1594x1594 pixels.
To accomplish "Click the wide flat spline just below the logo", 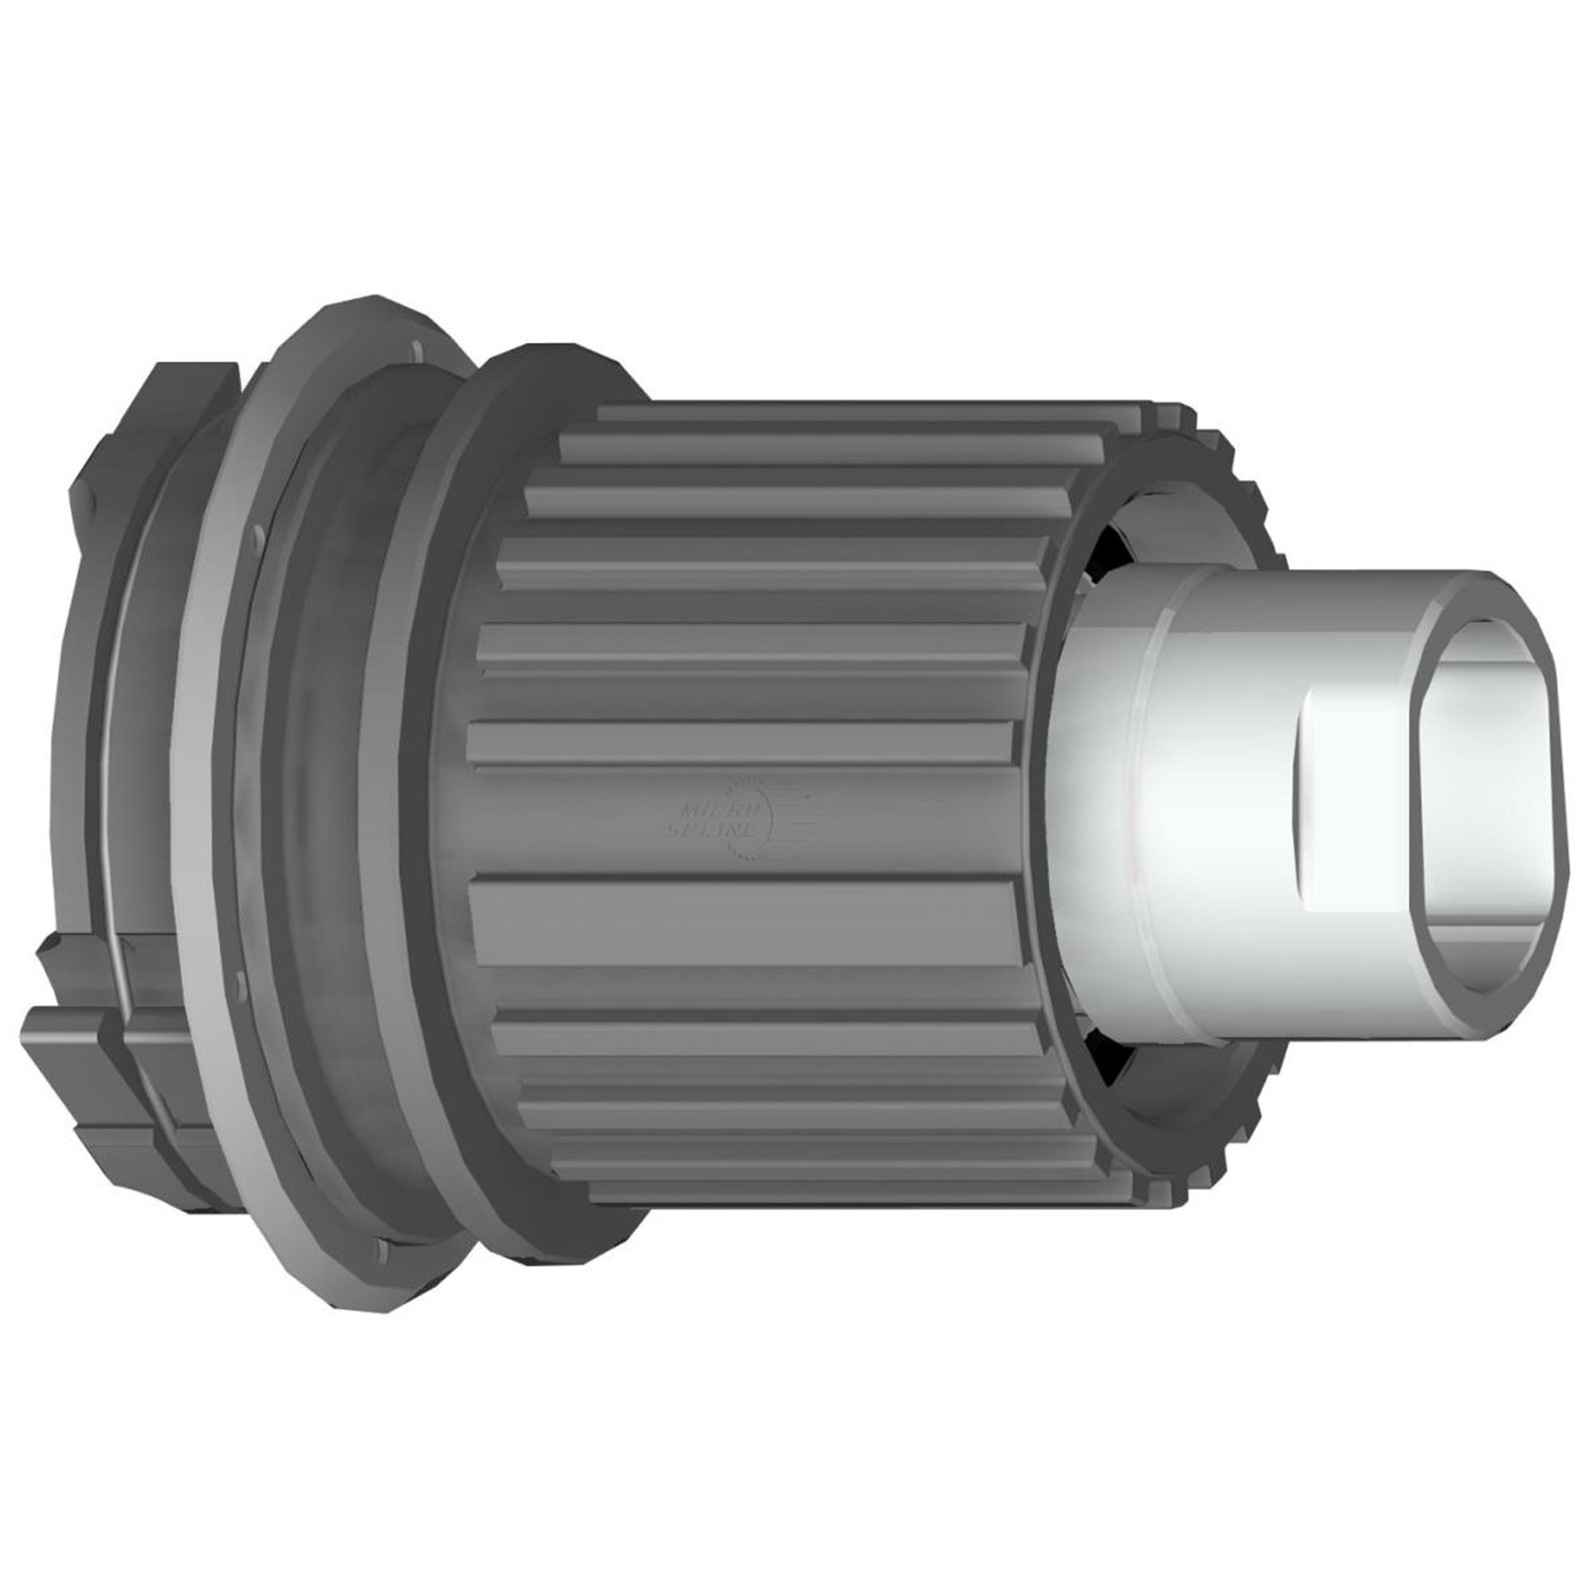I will [743, 920].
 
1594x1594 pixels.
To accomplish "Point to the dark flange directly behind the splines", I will [450, 825].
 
